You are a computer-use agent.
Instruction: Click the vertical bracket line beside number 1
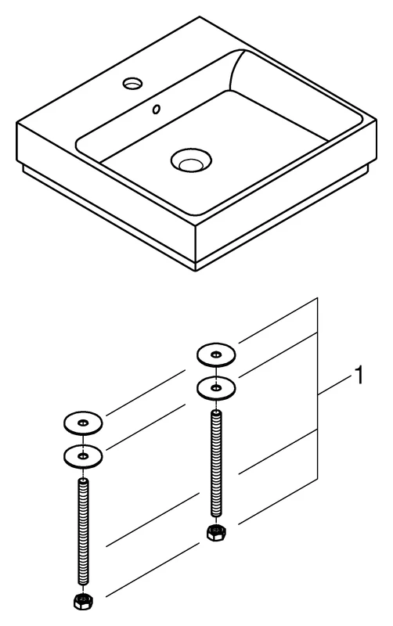318,391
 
